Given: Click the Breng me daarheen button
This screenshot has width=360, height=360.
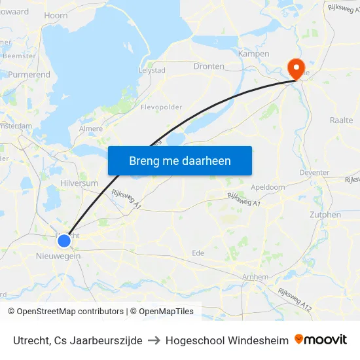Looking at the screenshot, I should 180,160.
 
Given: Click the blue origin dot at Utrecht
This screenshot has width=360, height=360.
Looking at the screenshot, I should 64,241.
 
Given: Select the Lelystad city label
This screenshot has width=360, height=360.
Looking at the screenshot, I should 152,70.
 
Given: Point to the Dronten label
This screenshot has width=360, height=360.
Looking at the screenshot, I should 209,66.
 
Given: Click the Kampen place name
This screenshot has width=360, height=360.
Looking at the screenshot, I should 254,54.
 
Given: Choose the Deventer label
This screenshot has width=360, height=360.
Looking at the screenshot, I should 314,173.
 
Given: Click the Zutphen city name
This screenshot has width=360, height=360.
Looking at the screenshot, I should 325,215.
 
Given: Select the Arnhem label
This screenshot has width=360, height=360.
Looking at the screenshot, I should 255,277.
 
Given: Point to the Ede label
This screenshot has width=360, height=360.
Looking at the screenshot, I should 198,253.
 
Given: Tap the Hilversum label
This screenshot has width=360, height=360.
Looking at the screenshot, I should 79,184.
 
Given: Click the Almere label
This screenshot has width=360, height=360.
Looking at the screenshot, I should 90,129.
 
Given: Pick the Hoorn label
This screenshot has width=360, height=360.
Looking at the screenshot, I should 56,15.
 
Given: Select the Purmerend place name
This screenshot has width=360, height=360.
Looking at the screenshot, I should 29,75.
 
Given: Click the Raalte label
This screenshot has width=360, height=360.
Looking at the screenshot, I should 341,120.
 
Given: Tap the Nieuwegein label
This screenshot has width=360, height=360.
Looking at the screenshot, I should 58,256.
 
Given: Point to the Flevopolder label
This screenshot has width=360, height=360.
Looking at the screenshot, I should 162,107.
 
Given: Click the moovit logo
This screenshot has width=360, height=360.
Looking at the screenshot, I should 321,340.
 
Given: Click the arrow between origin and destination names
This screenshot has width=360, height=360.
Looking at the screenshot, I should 154,340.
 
